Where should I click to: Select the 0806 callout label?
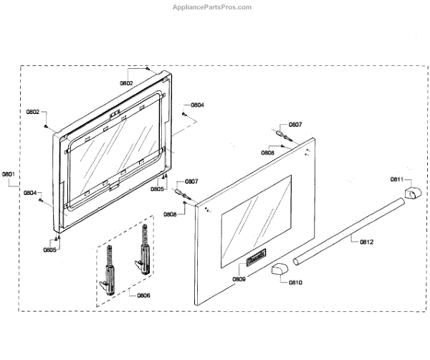click(x=143, y=295)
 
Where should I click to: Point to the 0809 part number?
click(x=239, y=278)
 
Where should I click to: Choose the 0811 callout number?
click(x=397, y=179)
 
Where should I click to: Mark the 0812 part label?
click(x=365, y=242)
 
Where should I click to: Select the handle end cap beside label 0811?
click(x=413, y=194)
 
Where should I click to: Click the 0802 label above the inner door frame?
click(x=126, y=84)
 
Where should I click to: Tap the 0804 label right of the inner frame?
click(x=197, y=105)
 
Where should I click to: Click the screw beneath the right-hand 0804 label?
click(x=184, y=115)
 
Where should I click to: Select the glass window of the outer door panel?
click(x=255, y=214)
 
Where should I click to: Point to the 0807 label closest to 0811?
click(x=295, y=125)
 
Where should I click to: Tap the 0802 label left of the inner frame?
click(x=33, y=112)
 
